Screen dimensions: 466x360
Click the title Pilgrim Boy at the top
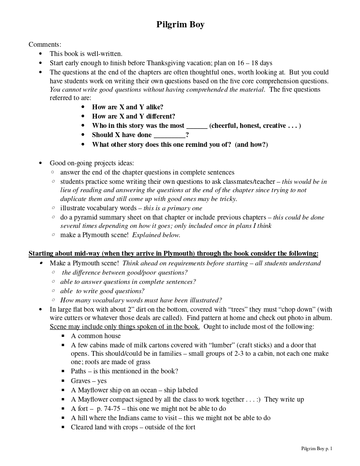(180, 25)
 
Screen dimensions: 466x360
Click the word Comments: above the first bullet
(45, 45)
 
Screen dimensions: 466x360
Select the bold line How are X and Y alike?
(127, 107)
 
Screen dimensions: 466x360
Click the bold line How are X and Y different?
(134, 116)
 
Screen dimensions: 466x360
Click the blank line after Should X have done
(169, 135)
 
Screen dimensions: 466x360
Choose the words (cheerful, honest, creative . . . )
(255, 126)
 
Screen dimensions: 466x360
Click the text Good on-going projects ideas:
(92, 163)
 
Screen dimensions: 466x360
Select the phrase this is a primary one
(173, 208)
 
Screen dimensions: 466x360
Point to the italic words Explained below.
(156, 235)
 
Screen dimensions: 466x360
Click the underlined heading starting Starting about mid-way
(173, 254)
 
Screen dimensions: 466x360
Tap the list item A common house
(96, 336)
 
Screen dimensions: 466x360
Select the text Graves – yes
(89, 381)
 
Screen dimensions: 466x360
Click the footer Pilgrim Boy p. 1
(316, 448)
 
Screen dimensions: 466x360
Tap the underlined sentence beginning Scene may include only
(125, 327)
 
